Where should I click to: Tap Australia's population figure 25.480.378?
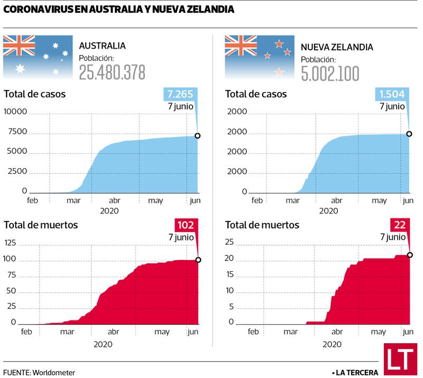click(112, 72)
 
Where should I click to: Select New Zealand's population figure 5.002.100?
click(330, 73)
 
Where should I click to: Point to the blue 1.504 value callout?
click(391, 95)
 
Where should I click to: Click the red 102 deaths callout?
click(185, 225)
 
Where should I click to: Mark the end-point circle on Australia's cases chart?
click(198, 136)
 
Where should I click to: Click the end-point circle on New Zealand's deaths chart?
click(410, 255)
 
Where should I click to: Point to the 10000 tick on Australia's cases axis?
click(16, 112)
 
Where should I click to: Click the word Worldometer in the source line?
click(53, 372)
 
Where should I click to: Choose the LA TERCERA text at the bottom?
click(358, 372)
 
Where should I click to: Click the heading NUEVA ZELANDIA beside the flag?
click(337, 47)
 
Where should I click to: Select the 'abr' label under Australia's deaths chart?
click(113, 332)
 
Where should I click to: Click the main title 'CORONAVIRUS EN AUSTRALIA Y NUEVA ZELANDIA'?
click(119, 10)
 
